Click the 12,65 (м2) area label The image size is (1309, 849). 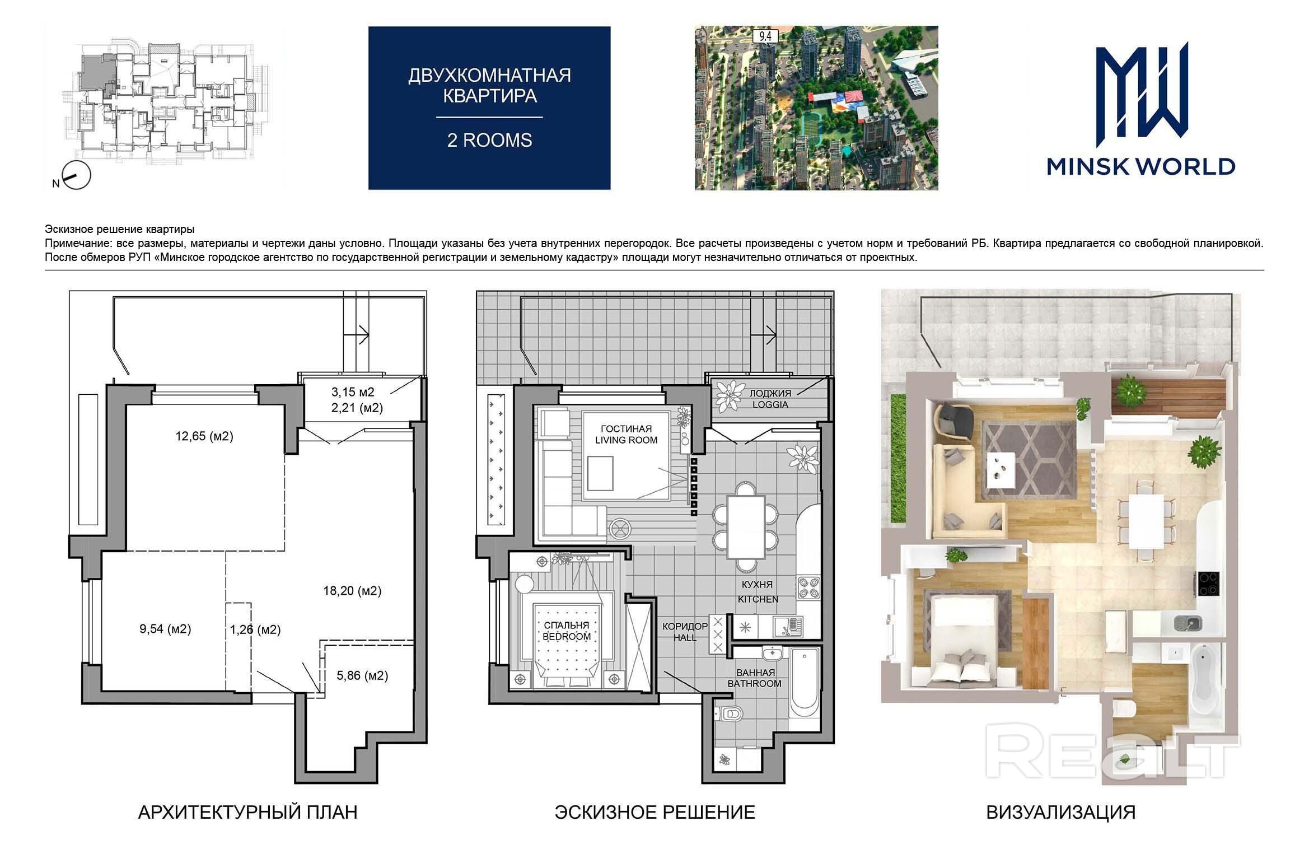[x=204, y=436]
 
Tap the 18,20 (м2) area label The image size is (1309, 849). [x=352, y=591]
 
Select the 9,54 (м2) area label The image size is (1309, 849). [x=165, y=629]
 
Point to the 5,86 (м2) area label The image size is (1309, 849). [x=362, y=675]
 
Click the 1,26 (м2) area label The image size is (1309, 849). [x=255, y=629]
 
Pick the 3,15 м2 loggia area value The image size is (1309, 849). [x=353, y=392]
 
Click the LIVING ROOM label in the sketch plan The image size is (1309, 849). [x=626, y=440]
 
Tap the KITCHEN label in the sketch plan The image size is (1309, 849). [x=758, y=599]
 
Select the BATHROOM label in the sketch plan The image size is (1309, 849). [x=754, y=684]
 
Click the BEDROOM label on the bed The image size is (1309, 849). [x=567, y=637]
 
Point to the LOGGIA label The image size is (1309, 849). [x=770, y=404]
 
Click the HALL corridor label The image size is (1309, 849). [x=685, y=637]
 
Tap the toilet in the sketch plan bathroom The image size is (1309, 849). [x=730, y=713]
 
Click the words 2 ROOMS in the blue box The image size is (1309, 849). [x=489, y=140]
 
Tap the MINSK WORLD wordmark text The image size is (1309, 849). [x=1141, y=166]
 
